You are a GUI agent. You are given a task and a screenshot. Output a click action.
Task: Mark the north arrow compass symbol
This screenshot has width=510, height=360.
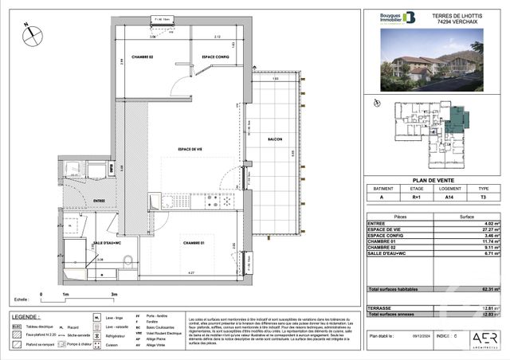[x=29, y=33]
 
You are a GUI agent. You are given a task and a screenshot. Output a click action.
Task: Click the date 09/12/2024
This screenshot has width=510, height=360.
[x=422, y=337]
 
